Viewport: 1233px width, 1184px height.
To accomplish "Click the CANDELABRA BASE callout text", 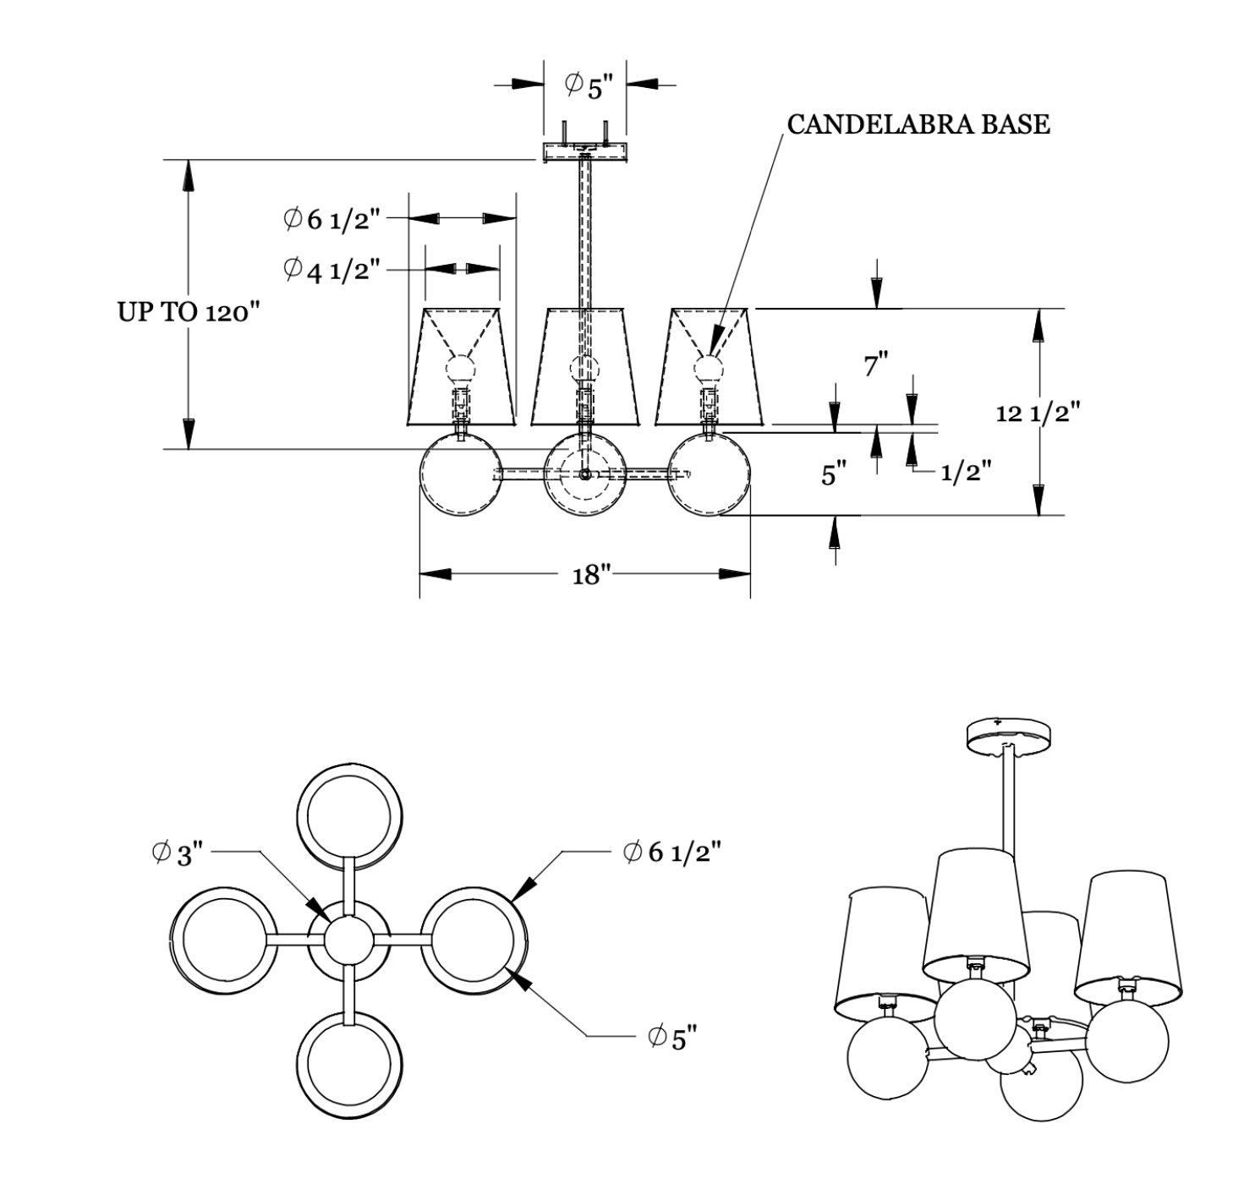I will tap(918, 124).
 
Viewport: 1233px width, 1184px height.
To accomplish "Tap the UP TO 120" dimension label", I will tap(186, 312).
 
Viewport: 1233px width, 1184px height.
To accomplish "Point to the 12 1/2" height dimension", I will tap(1038, 413).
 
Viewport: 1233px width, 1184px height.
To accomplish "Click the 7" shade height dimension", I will tap(875, 366).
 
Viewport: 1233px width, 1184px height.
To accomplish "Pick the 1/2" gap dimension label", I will tap(966, 471).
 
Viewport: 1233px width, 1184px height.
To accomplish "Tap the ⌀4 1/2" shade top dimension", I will tap(332, 270).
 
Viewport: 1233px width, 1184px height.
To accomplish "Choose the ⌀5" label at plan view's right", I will tap(673, 1037).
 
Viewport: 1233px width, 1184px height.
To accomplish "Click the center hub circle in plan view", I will tap(349, 939).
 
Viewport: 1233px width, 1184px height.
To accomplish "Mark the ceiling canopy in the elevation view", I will tap(584, 153).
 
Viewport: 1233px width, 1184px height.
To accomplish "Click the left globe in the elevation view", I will tap(461, 474).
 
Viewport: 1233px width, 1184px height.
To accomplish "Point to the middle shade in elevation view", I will tap(584, 366).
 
